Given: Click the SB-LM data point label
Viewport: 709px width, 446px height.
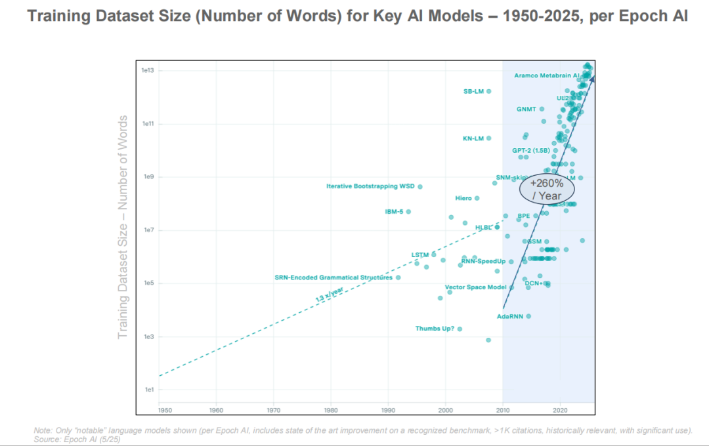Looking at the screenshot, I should pos(473,92).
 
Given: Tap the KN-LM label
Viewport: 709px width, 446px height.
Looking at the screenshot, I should pos(473,138).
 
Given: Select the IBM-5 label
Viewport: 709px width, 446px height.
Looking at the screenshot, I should pos(394,212).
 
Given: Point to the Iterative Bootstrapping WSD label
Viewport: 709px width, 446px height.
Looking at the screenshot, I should pos(370,187).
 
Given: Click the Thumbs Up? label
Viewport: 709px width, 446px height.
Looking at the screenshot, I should pos(435,329).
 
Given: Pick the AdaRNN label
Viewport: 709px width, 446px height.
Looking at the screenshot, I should pos(509,317).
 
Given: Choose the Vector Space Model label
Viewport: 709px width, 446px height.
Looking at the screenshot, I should pos(475,287).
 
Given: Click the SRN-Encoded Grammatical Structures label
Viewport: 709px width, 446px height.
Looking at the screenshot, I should pos(333,278).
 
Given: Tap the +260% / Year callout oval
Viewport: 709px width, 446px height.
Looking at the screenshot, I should pos(547,189).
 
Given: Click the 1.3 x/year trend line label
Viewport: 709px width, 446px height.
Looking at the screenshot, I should pos(330,294).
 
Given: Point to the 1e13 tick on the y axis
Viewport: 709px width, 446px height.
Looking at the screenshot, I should pos(147,71).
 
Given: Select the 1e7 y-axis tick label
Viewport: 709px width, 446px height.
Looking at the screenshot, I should pos(147,230).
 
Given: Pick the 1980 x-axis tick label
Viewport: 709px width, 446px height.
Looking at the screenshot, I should pos(330,411).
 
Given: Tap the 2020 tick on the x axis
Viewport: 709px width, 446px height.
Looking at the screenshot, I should pos(560,411).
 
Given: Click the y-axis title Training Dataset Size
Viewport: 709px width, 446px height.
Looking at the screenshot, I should pos(123,228).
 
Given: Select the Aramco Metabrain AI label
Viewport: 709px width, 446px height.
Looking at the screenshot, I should pos(546,75).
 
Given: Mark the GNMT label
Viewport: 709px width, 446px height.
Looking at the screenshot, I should pos(526,109).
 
